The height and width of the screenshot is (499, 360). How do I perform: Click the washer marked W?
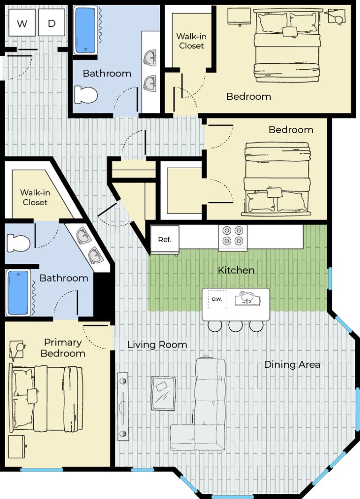click(22, 22)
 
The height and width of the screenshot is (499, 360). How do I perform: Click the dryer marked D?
click(52, 22)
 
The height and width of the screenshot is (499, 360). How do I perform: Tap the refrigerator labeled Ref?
click(165, 240)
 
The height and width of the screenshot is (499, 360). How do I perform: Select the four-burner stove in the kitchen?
click(232, 238)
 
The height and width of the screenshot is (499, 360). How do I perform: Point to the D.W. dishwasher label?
click(217, 299)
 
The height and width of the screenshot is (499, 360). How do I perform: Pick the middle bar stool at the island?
click(235, 326)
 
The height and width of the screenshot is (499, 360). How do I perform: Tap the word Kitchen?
click(236, 270)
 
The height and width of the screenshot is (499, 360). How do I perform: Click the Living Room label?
click(157, 345)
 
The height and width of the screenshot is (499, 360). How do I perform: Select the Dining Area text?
click(292, 365)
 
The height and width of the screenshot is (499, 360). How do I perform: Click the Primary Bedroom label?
click(63, 348)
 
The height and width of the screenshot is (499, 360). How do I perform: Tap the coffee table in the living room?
click(164, 394)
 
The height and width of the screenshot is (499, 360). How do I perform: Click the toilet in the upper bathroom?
click(86, 95)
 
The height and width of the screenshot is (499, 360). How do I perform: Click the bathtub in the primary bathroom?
click(18, 293)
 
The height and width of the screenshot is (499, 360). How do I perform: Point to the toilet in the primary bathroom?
click(18, 243)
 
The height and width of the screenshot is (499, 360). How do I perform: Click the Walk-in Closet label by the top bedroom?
click(191, 41)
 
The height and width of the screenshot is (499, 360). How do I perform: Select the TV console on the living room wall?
click(123, 407)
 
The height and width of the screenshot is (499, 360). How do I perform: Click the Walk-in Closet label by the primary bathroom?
click(35, 197)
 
